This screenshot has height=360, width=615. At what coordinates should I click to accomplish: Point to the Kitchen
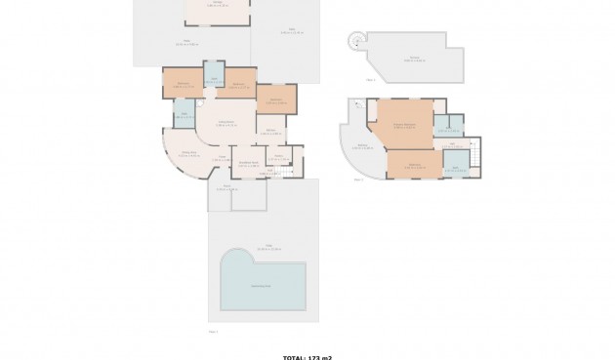tap(271, 132)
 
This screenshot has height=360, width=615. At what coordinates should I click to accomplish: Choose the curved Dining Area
tap(187, 154)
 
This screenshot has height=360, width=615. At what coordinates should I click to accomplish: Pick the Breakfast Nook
tap(249, 164)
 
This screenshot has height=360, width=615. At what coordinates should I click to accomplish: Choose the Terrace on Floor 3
tap(415, 58)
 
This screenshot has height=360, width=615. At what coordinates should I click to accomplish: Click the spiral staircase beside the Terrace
tap(355, 40)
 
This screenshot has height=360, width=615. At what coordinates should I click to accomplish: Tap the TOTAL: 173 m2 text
tap(307, 357)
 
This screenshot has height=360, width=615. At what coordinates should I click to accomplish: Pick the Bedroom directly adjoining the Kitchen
tap(275, 100)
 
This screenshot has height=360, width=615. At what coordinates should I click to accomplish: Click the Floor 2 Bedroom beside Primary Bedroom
tap(414, 164)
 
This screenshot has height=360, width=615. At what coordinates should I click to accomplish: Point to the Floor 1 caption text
tap(213, 332)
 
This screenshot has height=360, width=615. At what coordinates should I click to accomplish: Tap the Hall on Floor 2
tap(453, 145)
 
